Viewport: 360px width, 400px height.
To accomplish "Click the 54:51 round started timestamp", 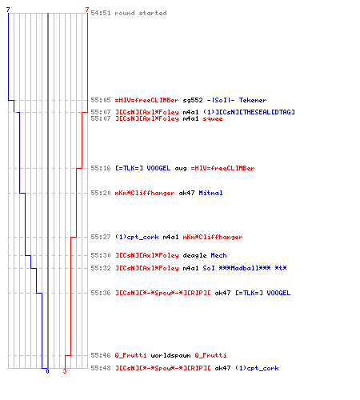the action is pos(101,13).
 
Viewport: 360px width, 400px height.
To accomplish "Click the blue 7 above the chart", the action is pos(8,10).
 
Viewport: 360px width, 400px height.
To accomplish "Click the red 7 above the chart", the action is pos(87,10).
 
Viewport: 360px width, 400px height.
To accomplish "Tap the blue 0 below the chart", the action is pos(47,371).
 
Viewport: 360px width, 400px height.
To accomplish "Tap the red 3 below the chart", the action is pos(65,371).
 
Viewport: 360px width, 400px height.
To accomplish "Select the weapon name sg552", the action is pos(193,100).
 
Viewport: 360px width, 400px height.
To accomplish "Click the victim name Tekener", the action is pos(253,100).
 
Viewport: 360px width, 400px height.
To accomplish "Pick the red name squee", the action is pos(213,118).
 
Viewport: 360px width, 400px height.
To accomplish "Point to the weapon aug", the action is pos(181,169).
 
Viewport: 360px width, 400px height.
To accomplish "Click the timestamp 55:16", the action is pos(101,168).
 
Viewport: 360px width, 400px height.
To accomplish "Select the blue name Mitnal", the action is pos(210,193).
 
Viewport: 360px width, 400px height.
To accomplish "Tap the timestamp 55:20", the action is pos(101,193).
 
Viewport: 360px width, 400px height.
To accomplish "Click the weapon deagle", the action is pos(194,255).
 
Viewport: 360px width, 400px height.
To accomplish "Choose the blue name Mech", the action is pos(218,255).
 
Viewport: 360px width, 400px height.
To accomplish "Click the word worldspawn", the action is pos(170,355).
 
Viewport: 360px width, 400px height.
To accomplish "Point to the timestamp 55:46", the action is pos(101,355).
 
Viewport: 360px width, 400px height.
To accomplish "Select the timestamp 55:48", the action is pos(101,368).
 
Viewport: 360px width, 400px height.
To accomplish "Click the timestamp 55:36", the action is pos(101,293).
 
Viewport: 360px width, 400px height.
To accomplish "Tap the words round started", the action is pos(141,13).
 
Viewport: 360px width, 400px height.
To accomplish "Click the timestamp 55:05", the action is pos(101,100).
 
